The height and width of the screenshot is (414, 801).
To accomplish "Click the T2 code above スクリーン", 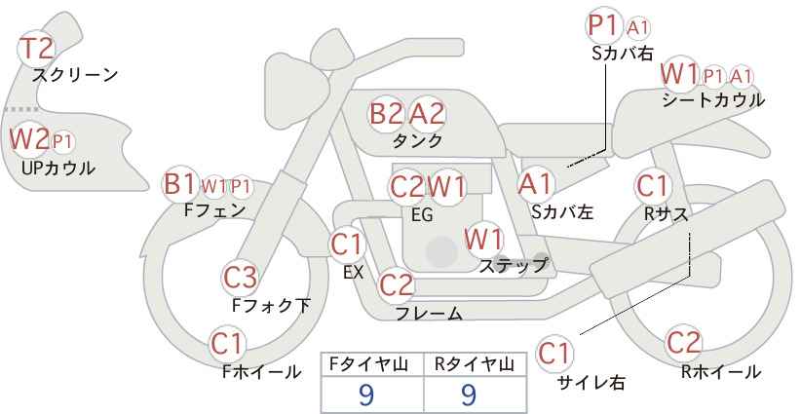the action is click(x=36, y=49).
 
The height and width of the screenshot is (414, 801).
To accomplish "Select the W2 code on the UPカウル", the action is click(x=29, y=137).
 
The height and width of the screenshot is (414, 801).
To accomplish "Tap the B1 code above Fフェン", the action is click(x=179, y=184).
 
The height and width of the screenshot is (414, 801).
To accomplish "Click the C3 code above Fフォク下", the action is click(x=240, y=278).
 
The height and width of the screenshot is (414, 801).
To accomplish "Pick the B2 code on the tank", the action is click(x=386, y=113).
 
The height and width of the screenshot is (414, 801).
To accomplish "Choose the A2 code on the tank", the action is click(x=427, y=113).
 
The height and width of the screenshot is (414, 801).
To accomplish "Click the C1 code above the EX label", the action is click(x=346, y=245).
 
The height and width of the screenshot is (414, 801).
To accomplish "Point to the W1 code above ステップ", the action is click(x=483, y=239).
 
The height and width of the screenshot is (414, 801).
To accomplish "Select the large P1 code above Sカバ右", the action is click(x=604, y=25).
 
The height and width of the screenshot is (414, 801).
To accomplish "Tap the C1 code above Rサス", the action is click(x=652, y=186).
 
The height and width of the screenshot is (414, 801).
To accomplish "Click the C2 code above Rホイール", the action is click(x=683, y=343).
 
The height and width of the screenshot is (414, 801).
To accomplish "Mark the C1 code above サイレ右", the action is click(x=554, y=354).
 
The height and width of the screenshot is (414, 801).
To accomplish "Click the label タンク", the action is click(x=417, y=140).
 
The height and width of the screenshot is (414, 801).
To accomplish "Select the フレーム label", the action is click(x=429, y=313).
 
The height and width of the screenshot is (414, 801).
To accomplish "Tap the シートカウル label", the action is click(x=713, y=100).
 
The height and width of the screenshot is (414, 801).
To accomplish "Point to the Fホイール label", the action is click(x=261, y=372).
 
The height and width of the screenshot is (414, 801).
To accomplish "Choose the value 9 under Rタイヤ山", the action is click(x=469, y=395).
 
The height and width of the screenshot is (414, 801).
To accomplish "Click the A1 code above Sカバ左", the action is click(x=535, y=184).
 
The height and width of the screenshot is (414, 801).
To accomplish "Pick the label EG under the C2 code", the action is click(x=422, y=214).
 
